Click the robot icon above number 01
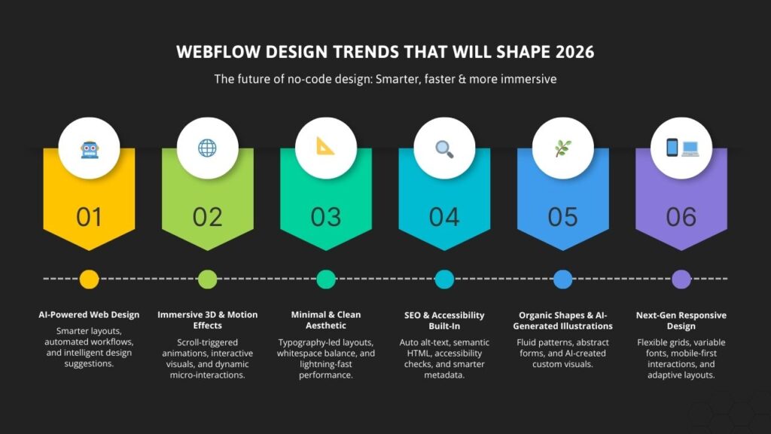(89, 148)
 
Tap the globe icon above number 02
(207, 148)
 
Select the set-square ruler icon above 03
(326, 146)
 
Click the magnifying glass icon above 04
(444, 148)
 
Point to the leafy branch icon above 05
(562, 148)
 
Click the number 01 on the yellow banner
(89, 217)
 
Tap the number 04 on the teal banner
(444, 217)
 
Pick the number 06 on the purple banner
(681, 217)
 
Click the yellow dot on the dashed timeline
(89, 279)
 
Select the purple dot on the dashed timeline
(681, 279)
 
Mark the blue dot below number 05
(562, 279)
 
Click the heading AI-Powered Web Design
(89, 315)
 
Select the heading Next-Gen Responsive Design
(681, 320)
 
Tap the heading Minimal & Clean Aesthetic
(326, 320)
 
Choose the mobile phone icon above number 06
(672, 148)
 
